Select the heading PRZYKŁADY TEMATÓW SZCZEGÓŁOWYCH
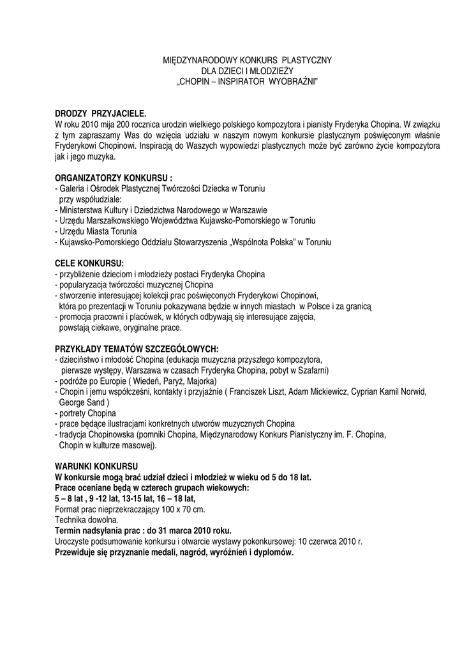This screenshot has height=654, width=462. [137, 349]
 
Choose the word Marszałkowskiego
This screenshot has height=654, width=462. [117, 221]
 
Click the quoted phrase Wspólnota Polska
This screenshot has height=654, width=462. [265, 243]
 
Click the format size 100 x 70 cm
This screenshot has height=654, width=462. [184, 510]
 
